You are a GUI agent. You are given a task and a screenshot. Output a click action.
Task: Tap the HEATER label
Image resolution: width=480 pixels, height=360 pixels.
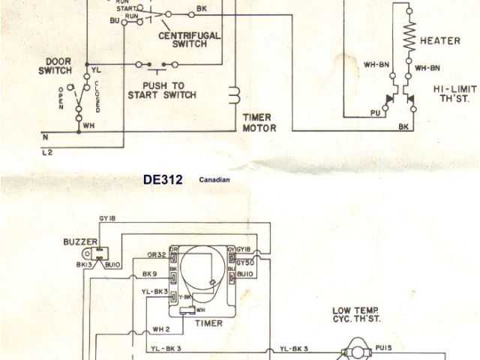click(x=440, y=40)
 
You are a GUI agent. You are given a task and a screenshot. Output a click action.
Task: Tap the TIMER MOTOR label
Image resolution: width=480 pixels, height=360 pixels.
click(x=259, y=122)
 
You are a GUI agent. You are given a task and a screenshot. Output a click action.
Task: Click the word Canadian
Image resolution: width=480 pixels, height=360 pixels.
click(x=216, y=181)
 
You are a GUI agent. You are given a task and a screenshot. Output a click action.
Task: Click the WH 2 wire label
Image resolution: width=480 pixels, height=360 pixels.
click(x=162, y=328)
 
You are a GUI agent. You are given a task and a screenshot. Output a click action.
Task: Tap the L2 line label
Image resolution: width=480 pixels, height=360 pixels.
click(x=46, y=151)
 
